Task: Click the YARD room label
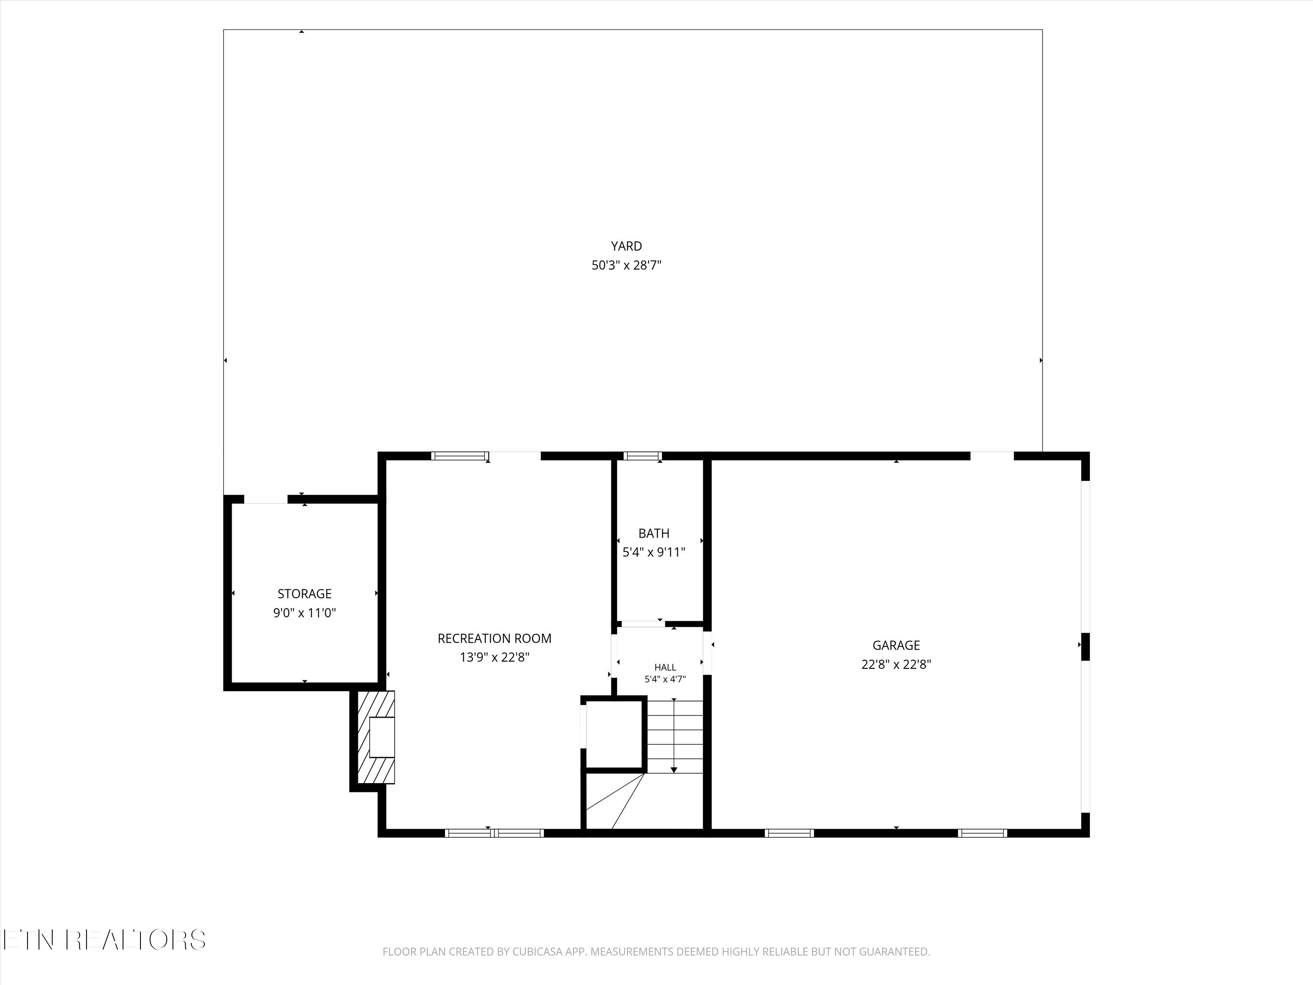[626, 246]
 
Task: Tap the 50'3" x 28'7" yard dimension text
[626, 265]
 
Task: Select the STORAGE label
[305, 594]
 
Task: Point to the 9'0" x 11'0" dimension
[305, 613]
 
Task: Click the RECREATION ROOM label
[495, 638]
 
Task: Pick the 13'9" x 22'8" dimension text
[495, 657]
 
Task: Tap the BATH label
[653, 533]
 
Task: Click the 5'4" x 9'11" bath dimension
[653, 552]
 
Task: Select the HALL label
[665, 667]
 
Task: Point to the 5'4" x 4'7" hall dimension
[665, 679]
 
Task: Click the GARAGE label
[896, 645]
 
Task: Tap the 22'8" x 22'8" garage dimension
[896, 664]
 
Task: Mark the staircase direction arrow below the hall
[674, 736]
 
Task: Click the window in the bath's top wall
[642, 456]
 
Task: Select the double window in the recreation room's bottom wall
[494, 833]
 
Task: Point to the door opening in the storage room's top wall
[266, 500]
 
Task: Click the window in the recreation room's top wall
[460, 456]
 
